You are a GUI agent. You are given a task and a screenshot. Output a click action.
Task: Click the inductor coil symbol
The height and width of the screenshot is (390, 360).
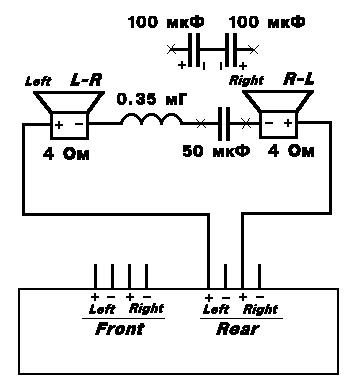tap(152, 119)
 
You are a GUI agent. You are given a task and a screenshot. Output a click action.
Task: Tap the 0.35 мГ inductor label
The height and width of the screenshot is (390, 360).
tap(151, 99)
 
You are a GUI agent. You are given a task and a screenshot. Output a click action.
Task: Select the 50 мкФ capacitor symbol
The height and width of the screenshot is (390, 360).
tap(224, 124)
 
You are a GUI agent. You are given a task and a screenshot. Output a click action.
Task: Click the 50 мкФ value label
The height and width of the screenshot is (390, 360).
tap(216, 151)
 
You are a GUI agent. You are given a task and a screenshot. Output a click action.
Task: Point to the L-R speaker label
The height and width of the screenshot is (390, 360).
tap(86, 80)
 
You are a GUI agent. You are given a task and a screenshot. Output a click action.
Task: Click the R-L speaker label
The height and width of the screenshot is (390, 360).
tap(299, 79)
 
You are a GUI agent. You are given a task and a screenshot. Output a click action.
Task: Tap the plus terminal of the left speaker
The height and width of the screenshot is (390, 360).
tap(59, 125)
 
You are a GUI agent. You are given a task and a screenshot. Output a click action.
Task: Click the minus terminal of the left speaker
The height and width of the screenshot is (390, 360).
tap(79, 124)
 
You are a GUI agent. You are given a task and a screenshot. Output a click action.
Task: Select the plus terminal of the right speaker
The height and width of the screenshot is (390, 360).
tap(288, 123)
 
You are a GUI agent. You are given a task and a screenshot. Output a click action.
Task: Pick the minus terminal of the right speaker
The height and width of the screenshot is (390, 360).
tap(269, 123)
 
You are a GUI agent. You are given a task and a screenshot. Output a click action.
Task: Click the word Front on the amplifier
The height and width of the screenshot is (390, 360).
tap(119, 329)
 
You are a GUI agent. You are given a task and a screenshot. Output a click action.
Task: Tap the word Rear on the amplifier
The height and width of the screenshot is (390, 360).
tap(237, 329)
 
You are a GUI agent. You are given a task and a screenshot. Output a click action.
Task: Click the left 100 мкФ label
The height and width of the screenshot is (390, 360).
tap(166, 23)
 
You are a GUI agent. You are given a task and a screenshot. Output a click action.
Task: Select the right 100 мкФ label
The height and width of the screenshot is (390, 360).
tap(267, 23)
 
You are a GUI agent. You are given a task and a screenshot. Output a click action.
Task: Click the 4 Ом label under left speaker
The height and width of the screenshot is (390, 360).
tap(66, 154)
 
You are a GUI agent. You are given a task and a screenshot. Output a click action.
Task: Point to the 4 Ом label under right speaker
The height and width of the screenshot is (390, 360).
tap(291, 151)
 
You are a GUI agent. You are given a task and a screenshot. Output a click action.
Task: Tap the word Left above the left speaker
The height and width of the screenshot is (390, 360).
tap(38, 81)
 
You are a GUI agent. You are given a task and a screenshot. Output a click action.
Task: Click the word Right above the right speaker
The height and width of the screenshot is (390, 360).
tap(247, 81)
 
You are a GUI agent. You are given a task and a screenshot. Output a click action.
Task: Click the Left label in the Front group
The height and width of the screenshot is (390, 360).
tap(102, 310)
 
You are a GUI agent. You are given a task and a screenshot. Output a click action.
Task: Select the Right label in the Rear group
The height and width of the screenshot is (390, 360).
tap(260, 310)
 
